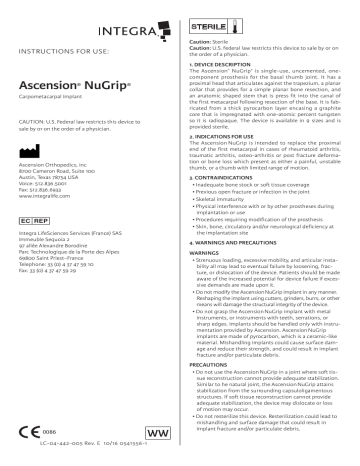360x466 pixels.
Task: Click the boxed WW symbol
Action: click(x=157, y=432)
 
